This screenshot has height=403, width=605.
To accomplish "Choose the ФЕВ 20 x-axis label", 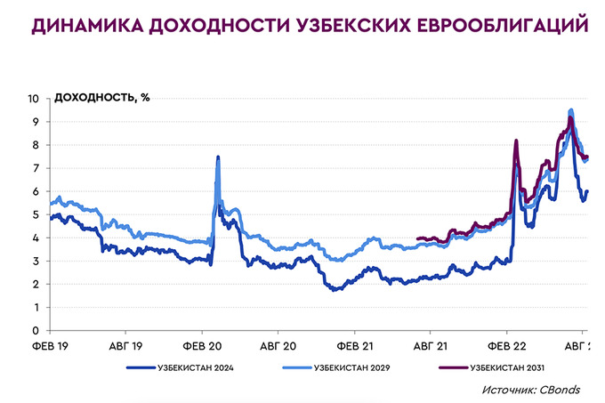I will (x=203, y=343).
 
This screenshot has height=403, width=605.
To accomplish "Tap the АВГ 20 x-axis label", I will (x=278, y=343).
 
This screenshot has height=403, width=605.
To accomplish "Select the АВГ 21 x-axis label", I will (x=430, y=343).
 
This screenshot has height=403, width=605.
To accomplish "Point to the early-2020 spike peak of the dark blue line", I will (x=218, y=157).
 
